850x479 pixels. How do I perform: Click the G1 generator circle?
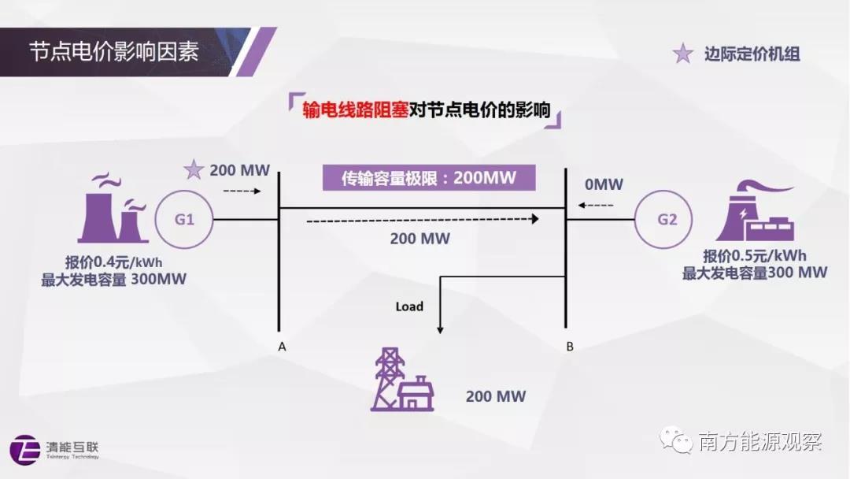pos(184,219)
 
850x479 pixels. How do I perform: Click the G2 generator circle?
pos(667,219)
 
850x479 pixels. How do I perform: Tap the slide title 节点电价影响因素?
pos(114,52)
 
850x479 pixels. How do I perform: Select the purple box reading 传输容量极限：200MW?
pos(428,178)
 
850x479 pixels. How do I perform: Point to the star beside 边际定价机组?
pos(682,54)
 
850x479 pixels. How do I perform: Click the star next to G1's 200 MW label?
pos(194,169)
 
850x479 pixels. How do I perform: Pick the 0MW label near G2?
pos(604,184)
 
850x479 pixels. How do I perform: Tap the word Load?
pos(409,306)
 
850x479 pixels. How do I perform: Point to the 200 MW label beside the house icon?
pos(495,396)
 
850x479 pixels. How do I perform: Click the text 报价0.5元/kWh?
pos(755,257)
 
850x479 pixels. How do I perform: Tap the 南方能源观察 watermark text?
pos(759,441)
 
